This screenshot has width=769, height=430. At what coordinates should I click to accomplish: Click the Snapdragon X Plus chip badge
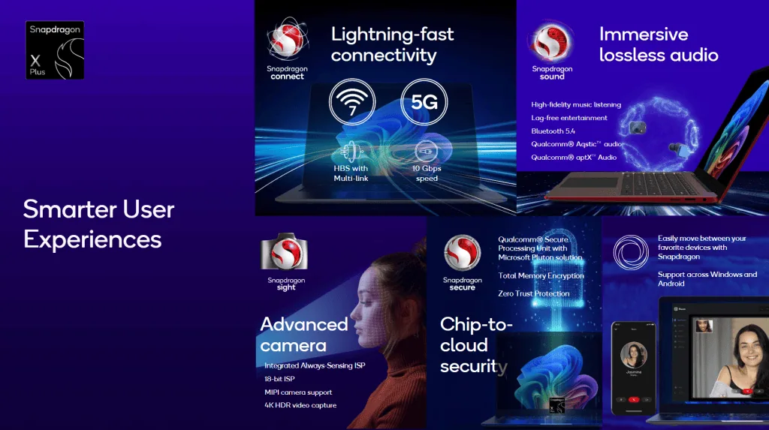pos(56,50)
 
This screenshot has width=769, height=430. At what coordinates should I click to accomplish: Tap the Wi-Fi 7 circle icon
pos(352,102)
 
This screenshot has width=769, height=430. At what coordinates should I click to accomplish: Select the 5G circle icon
pos(424,102)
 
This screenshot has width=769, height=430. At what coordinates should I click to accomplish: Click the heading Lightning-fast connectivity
pos(393,45)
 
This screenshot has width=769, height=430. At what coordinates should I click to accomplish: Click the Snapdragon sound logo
pos(552,51)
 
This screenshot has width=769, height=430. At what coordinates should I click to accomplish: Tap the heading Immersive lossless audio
pos(659,45)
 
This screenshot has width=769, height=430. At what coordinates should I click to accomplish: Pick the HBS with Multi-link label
pos(351,173)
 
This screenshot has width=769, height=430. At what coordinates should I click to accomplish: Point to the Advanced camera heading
pos(303,335)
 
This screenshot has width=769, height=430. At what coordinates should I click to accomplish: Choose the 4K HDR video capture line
pos(300,405)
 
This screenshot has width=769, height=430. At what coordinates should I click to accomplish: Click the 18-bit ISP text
pos(279,379)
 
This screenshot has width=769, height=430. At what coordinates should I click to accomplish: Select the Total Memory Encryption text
pos(541,276)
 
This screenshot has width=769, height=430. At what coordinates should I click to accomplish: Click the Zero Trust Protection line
pos(534,293)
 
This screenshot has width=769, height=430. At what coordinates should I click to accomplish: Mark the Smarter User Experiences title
pos(98,224)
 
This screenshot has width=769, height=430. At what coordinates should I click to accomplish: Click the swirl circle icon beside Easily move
pos(630,252)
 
